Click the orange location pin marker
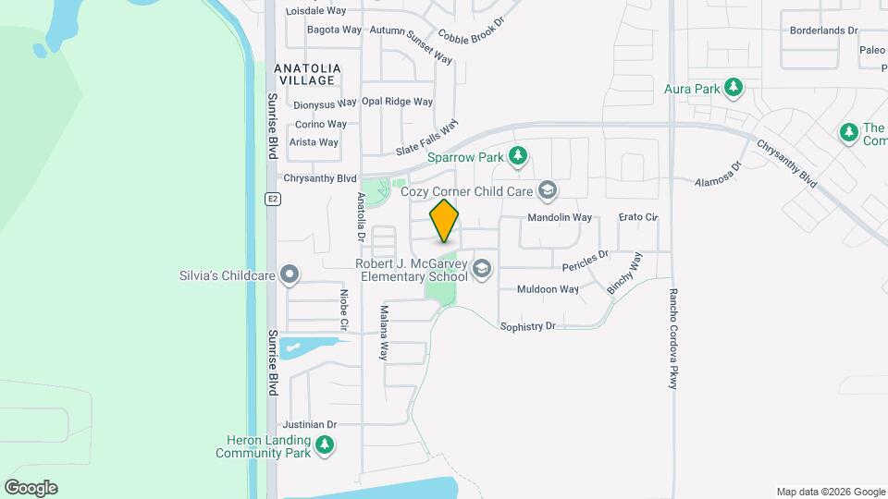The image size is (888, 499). pos(445,220)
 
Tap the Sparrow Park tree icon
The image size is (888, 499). pos(519,156)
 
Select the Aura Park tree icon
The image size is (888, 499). pos(734,89)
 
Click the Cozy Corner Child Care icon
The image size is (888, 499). pos(548,190)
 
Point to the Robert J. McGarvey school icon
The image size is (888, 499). pos(481,269)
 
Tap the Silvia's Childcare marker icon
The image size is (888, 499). pos(290,274)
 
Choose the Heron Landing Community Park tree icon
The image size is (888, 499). pos(324,446)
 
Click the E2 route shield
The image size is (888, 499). pos(272,199)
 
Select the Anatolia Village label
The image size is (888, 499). pos(308,75)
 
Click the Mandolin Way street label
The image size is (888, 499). pos(559,218)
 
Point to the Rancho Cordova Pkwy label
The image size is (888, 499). pos(673,338)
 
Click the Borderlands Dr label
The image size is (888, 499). pos(823,30)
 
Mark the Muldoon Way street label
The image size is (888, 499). pos(549,289)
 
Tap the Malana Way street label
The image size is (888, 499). pos(384,333)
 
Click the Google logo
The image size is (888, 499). pos(31,488)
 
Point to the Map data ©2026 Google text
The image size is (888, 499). pos(831,492)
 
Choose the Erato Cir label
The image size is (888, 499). pos(637,217)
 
